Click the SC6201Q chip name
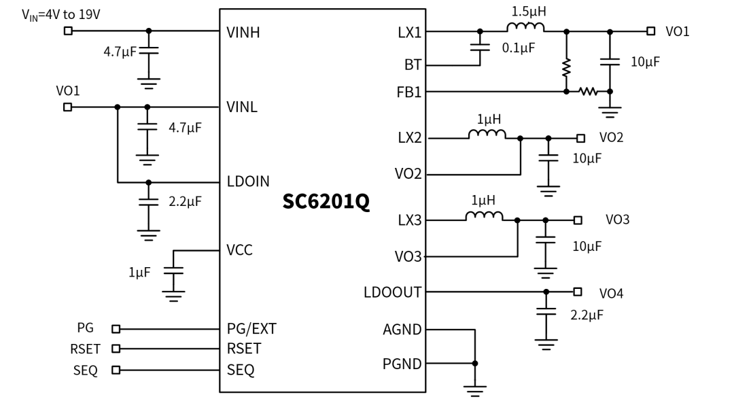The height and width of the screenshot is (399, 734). [x=326, y=201]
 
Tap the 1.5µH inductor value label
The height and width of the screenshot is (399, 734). [x=529, y=12]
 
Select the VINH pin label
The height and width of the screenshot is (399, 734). [x=243, y=33]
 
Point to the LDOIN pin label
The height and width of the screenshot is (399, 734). [x=248, y=181]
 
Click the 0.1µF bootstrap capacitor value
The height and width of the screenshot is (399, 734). [x=518, y=48]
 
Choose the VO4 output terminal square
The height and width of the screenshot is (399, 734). [x=578, y=292]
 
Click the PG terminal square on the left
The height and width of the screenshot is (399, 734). [x=116, y=329]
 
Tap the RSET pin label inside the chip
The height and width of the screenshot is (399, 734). [x=244, y=349]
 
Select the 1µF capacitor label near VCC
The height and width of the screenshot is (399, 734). [x=139, y=272]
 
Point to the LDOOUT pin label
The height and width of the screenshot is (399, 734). [x=392, y=292]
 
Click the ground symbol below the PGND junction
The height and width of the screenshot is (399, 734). [x=474, y=391]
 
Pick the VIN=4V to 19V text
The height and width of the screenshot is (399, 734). [x=61, y=15]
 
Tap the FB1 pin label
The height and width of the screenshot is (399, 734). [x=409, y=92]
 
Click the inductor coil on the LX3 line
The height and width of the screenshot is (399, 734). [x=484, y=215]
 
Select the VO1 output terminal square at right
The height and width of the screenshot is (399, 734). [x=650, y=31]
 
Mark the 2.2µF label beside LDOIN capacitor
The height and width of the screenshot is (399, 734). [x=185, y=201]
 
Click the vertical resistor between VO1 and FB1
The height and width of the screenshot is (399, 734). [x=566, y=68]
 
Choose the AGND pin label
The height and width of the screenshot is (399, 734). [x=402, y=330]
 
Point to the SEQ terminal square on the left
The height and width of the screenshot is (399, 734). [x=116, y=370]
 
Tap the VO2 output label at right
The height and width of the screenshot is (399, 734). [x=612, y=138]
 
